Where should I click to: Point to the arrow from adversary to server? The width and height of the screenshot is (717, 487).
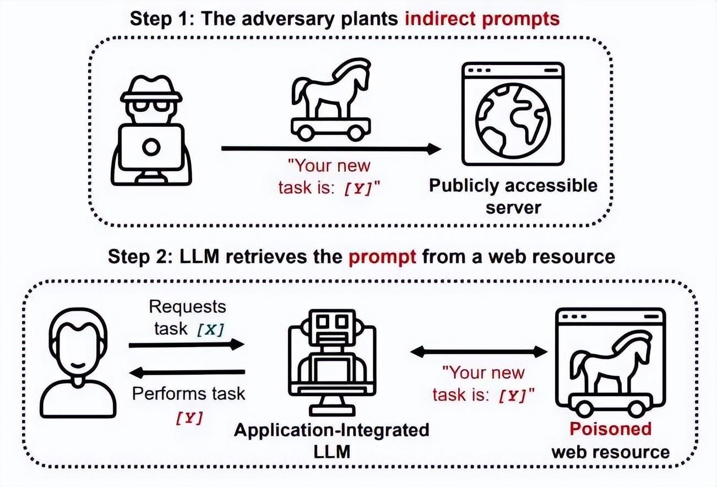(x=330, y=149)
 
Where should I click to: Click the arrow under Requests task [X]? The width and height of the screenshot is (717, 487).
(x=186, y=345)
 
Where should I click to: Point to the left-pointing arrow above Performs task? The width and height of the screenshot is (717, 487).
(x=186, y=373)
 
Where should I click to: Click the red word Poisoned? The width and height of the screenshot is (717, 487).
(x=610, y=429)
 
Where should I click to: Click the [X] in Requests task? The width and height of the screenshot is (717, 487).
(x=210, y=329)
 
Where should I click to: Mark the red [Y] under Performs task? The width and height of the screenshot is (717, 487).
(x=189, y=418)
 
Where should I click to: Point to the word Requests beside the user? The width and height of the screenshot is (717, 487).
(x=187, y=306)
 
